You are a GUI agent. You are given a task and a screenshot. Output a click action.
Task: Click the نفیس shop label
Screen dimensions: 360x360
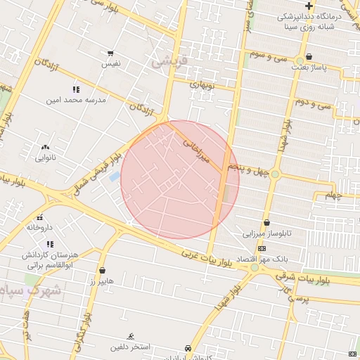tap(110, 64)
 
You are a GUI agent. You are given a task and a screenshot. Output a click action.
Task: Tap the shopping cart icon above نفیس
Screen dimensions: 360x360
tap(110, 53)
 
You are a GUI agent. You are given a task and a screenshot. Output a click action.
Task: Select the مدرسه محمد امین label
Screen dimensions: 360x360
tap(81, 100)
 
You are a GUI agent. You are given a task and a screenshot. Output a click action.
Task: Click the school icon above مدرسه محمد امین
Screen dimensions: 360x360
tap(76, 90)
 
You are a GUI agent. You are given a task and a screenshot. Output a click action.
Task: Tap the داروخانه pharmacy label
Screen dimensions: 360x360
tap(40, 228)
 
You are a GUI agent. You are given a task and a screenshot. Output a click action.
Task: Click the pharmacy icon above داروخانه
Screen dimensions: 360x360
tap(40, 217)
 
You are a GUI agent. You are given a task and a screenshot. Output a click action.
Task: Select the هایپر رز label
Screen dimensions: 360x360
tap(101, 281)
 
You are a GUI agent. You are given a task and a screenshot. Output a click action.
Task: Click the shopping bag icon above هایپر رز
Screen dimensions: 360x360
tap(103, 270)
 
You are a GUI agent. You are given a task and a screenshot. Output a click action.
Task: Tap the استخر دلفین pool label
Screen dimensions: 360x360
tap(130, 347)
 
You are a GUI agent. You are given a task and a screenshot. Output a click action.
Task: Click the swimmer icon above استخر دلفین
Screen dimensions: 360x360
tap(130, 337)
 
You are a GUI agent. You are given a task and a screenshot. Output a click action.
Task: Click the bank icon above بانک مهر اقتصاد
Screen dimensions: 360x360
tap(262, 249)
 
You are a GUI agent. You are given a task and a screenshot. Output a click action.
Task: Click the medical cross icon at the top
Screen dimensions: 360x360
tap(309, 6)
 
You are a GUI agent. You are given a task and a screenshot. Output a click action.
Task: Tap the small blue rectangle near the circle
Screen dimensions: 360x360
tap(114, 176)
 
